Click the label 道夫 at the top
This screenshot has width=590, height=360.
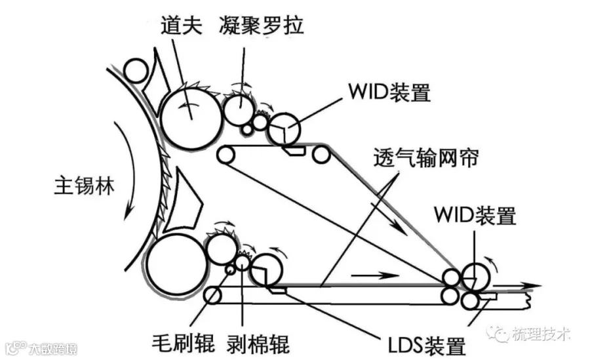[x=182, y=25]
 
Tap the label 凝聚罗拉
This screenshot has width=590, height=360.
[x=261, y=25]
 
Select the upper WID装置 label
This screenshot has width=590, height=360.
[x=389, y=92]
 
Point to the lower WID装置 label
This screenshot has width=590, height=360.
[x=475, y=215]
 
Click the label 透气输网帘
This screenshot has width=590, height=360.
[x=426, y=157]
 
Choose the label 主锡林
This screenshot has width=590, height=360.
[x=85, y=186]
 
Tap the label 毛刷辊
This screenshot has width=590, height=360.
[x=184, y=343]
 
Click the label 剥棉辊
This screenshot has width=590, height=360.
[x=258, y=344]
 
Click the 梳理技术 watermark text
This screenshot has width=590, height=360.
[x=540, y=334]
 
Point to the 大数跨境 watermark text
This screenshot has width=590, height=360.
[x=53, y=348]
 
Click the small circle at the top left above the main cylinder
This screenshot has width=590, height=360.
[x=136, y=71]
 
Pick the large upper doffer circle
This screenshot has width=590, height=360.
[x=192, y=118]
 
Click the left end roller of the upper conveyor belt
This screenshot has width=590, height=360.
[x=226, y=155]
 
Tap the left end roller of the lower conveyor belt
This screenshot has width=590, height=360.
[x=212, y=296]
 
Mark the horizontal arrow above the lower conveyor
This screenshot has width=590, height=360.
[x=374, y=275]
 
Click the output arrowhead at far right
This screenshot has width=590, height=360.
[x=535, y=286]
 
